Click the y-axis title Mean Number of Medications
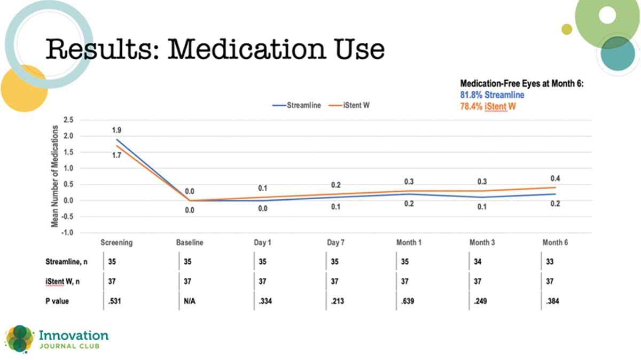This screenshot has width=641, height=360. point(54,177)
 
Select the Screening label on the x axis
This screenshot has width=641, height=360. point(116,242)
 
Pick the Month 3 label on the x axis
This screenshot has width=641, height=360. point(482,242)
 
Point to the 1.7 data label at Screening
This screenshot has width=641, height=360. point(116,155)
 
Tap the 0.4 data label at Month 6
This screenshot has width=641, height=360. point(555,178)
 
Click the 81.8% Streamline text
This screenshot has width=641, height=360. point(492,95)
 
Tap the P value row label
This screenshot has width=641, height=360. point(57,301)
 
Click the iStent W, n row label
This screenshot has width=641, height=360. point(62,281)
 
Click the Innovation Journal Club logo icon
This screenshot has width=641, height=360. point(19,338)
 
